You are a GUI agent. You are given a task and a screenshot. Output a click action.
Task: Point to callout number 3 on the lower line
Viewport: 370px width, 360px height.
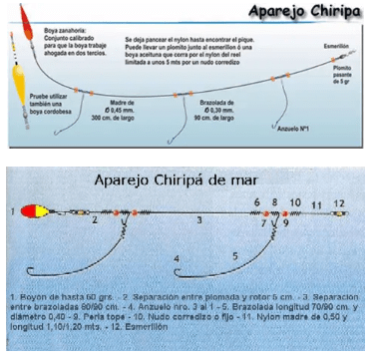pos(198,219)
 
